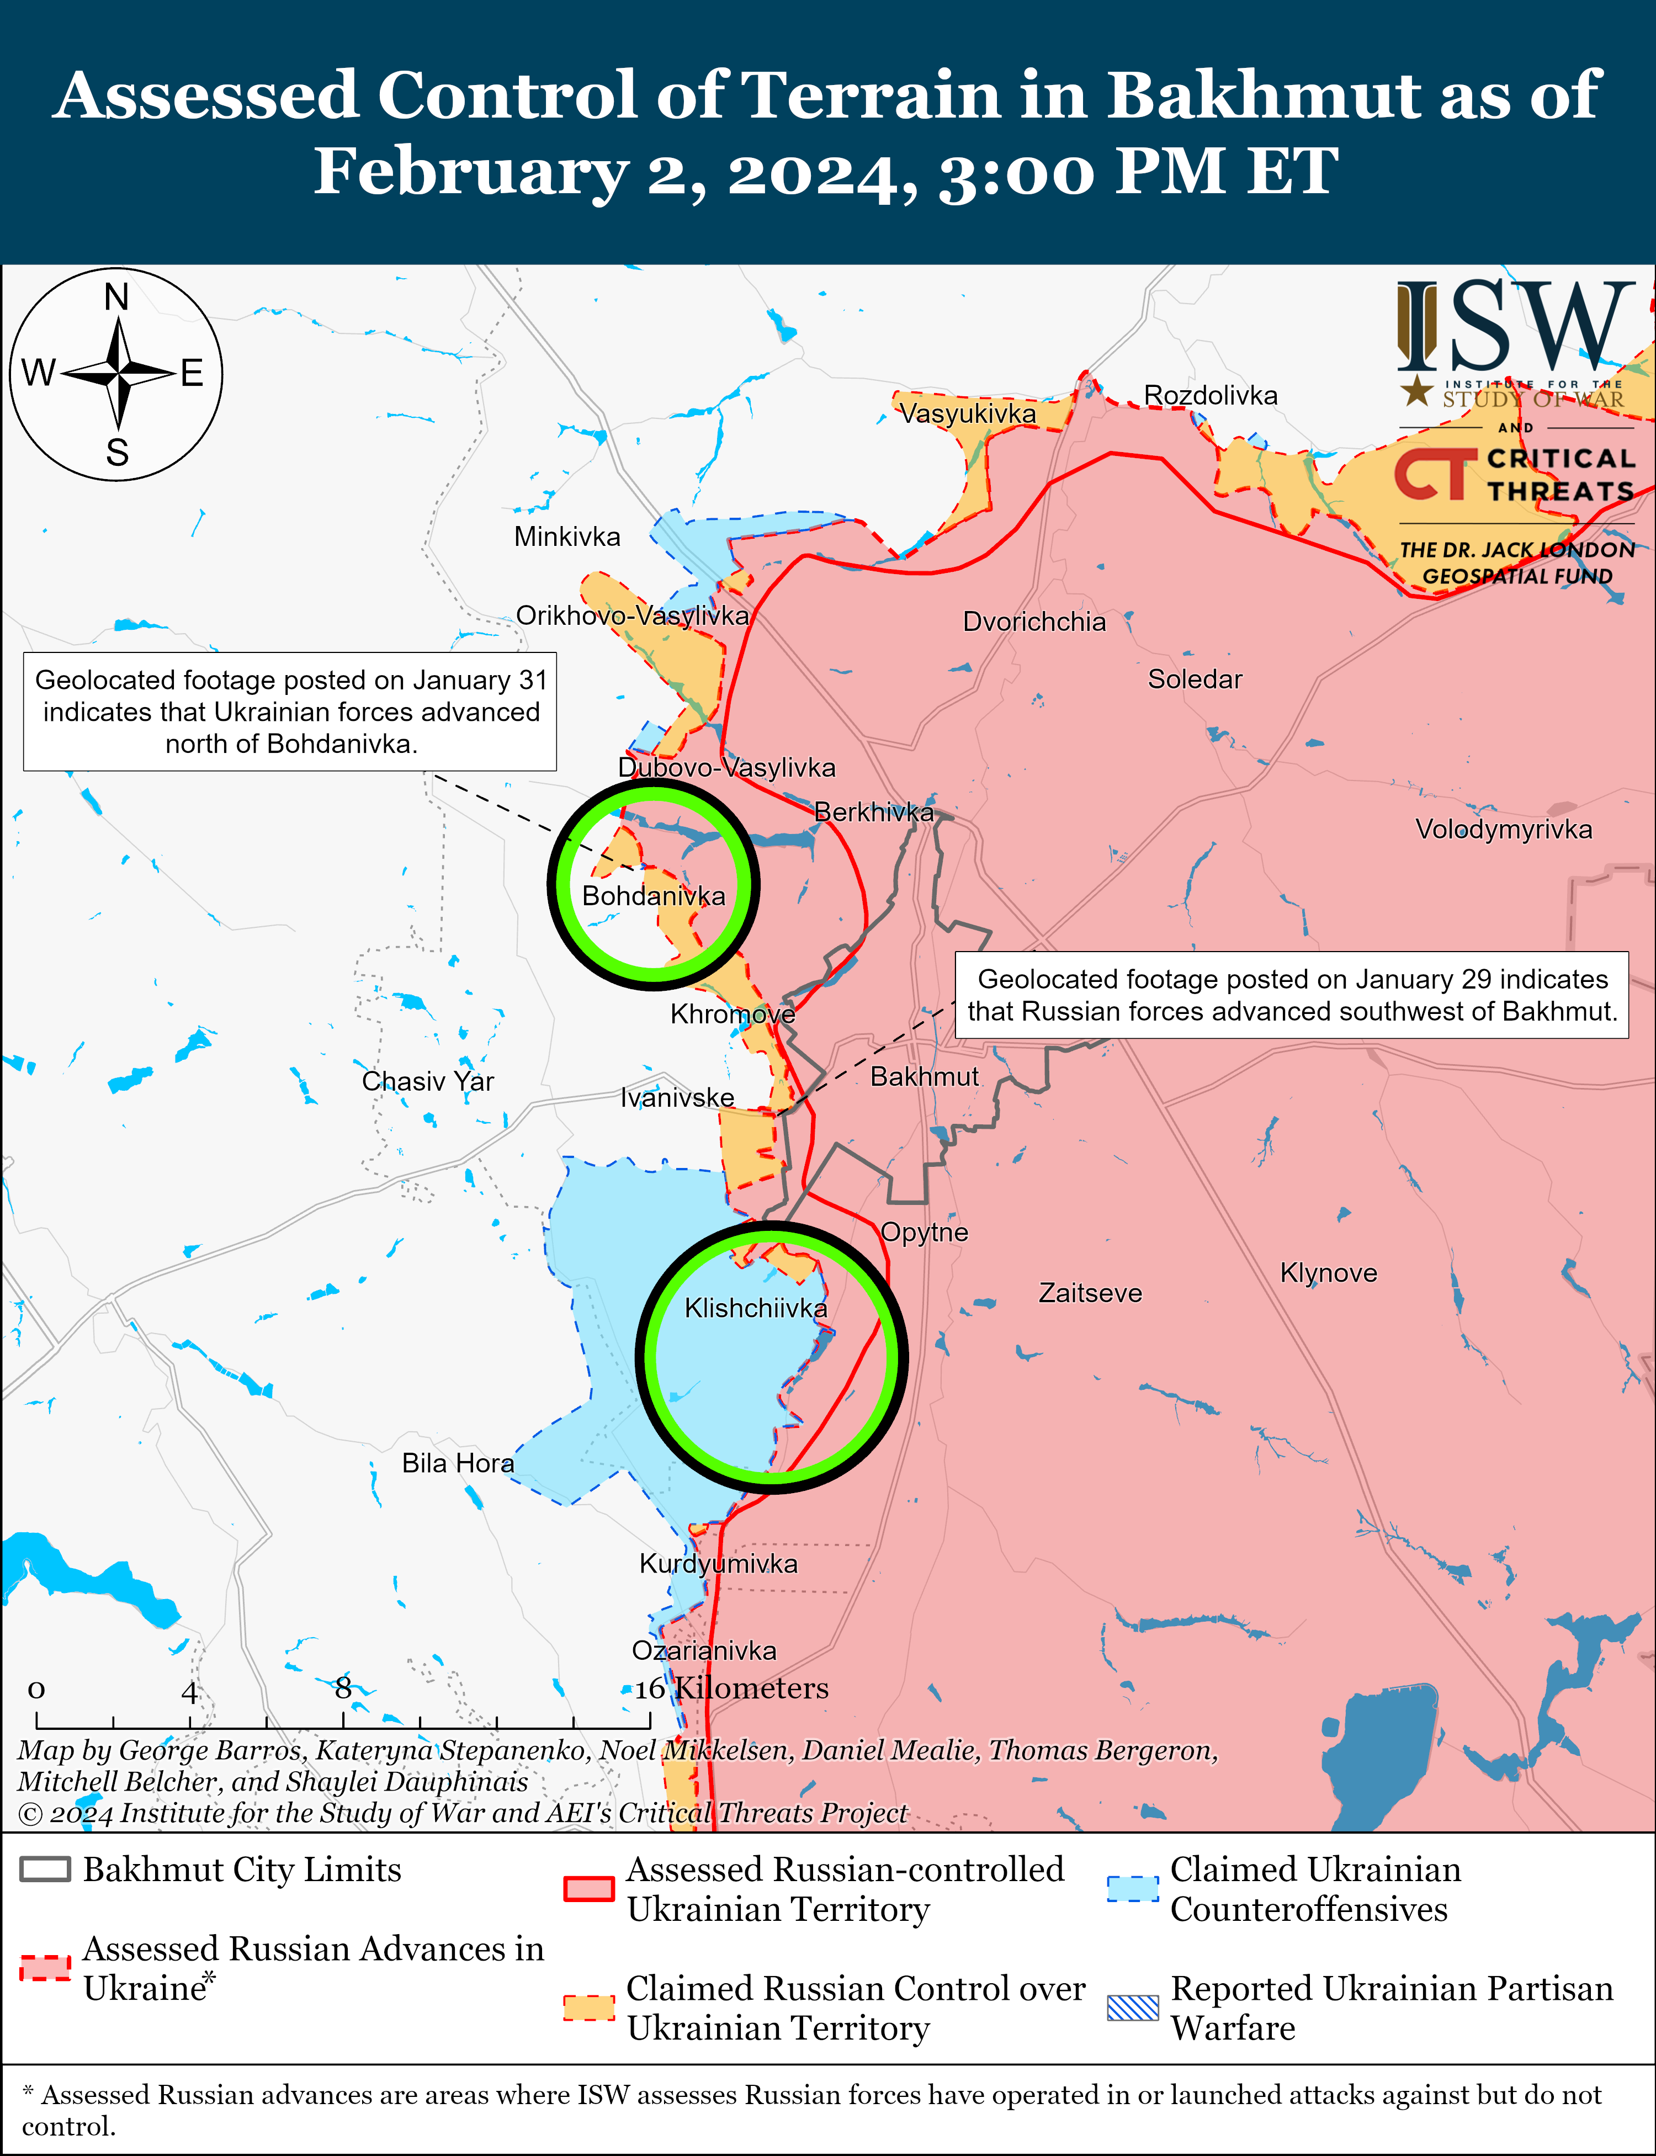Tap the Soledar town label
pyautogui.click(x=1195, y=679)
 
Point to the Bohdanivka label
pyautogui.click(x=654, y=896)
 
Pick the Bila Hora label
pyautogui.click(x=458, y=1463)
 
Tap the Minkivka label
pyautogui.click(x=567, y=537)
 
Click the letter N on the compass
pyautogui.click(x=116, y=296)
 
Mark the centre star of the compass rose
pyautogui.click(x=117, y=374)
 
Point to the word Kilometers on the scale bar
pyautogui.click(x=751, y=1689)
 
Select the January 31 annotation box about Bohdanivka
pyautogui.click(x=290, y=711)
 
